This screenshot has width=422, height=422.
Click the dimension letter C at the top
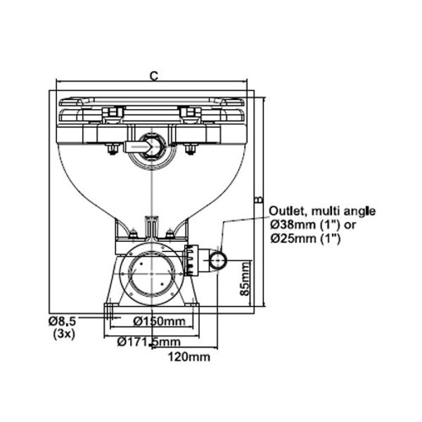point(153,75)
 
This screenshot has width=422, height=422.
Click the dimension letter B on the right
point(258,200)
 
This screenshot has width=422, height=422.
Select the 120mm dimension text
point(189,357)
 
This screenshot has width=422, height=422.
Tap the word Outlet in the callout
point(288,211)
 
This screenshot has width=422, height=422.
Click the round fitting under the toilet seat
point(151,146)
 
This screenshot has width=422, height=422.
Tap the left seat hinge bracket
point(113,113)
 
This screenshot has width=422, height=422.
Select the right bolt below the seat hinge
point(190,149)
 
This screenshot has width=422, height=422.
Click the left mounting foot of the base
point(110,310)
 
